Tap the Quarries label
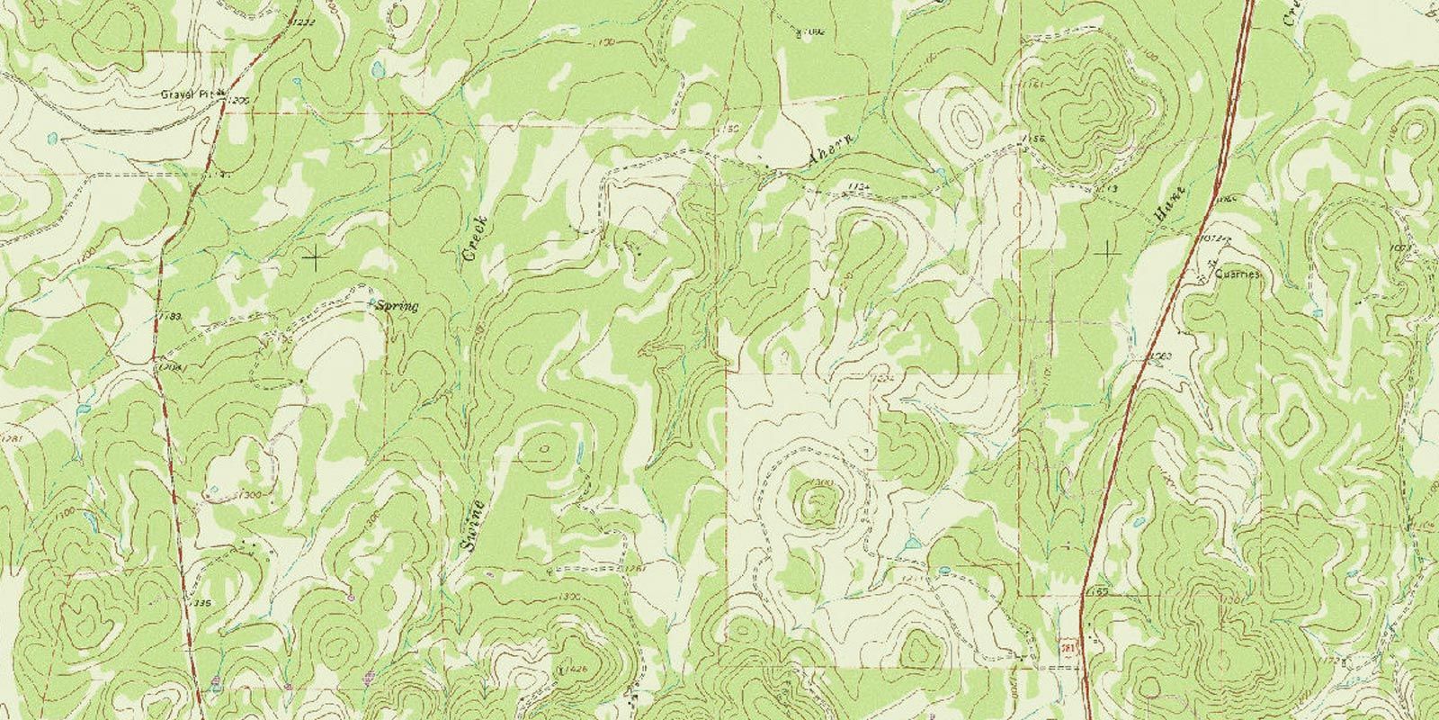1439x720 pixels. point(1238,274)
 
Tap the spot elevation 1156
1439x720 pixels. point(1032,139)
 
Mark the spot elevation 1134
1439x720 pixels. point(859,186)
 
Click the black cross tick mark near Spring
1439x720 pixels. point(314,259)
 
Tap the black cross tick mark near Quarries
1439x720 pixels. point(1106,253)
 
